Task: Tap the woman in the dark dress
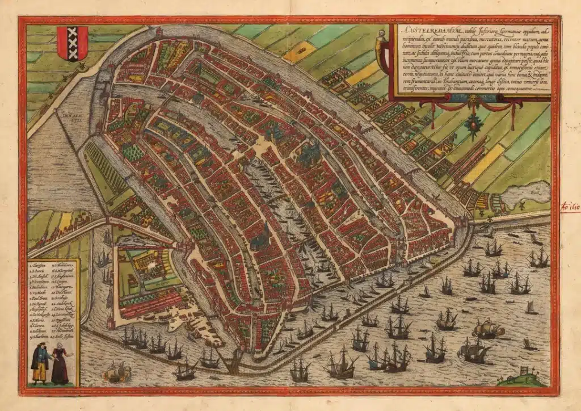click(60, 366)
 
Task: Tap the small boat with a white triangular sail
click(531, 308)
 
